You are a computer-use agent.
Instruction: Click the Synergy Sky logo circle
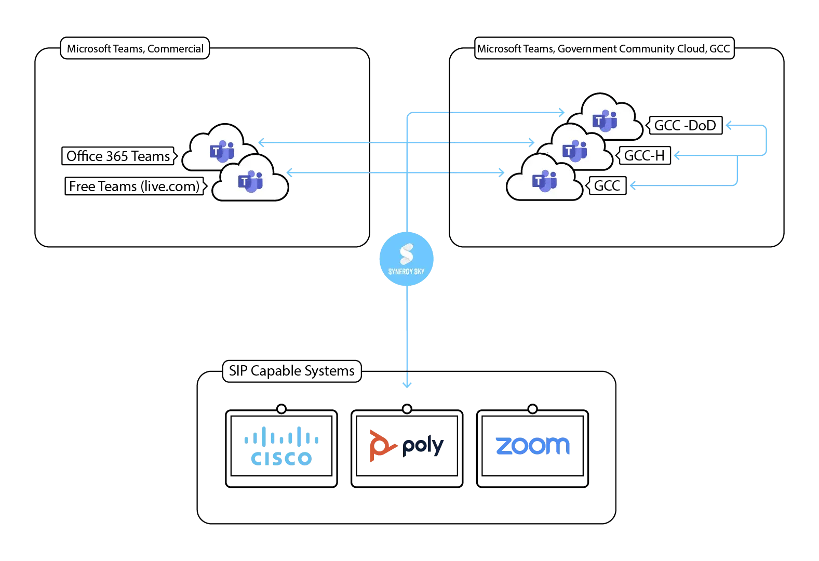(406, 259)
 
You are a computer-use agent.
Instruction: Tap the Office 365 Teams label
(118, 156)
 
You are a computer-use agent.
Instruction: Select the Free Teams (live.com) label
(135, 186)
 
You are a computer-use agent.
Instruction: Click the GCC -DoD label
(685, 126)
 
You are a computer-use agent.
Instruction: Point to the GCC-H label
(644, 155)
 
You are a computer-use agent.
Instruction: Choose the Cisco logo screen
(281, 446)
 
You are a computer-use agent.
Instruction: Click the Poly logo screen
(407, 446)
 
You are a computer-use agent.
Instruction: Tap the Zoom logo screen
(532, 446)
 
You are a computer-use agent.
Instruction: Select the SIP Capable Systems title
(291, 371)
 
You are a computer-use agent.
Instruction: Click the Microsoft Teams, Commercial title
(135, 49)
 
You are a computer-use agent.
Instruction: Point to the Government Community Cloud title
(603, 49)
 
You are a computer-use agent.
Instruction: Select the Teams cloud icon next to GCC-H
(575, 150)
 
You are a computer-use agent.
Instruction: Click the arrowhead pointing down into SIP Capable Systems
(407, 385)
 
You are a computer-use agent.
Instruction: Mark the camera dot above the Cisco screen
(281, 409)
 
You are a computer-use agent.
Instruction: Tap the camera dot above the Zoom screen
(532, 409)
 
